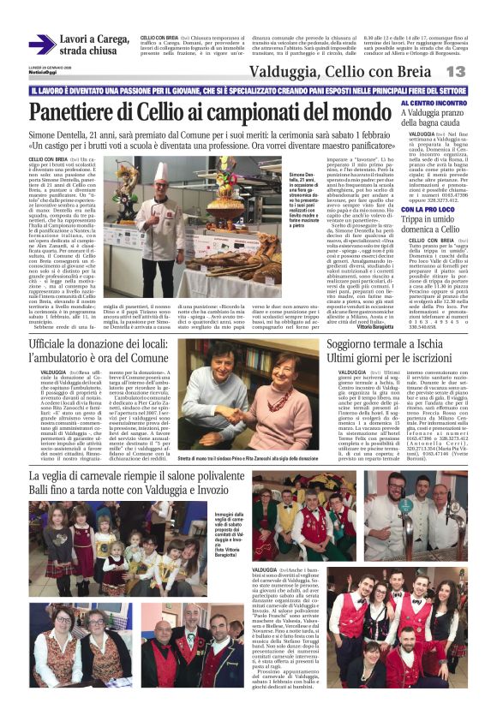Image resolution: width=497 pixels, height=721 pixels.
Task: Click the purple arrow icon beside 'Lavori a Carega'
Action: point(42,45)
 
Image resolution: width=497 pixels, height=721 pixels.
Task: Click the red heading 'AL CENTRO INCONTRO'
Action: point(432,103)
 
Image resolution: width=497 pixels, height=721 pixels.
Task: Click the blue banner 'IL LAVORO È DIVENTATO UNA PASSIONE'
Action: point(248,90)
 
